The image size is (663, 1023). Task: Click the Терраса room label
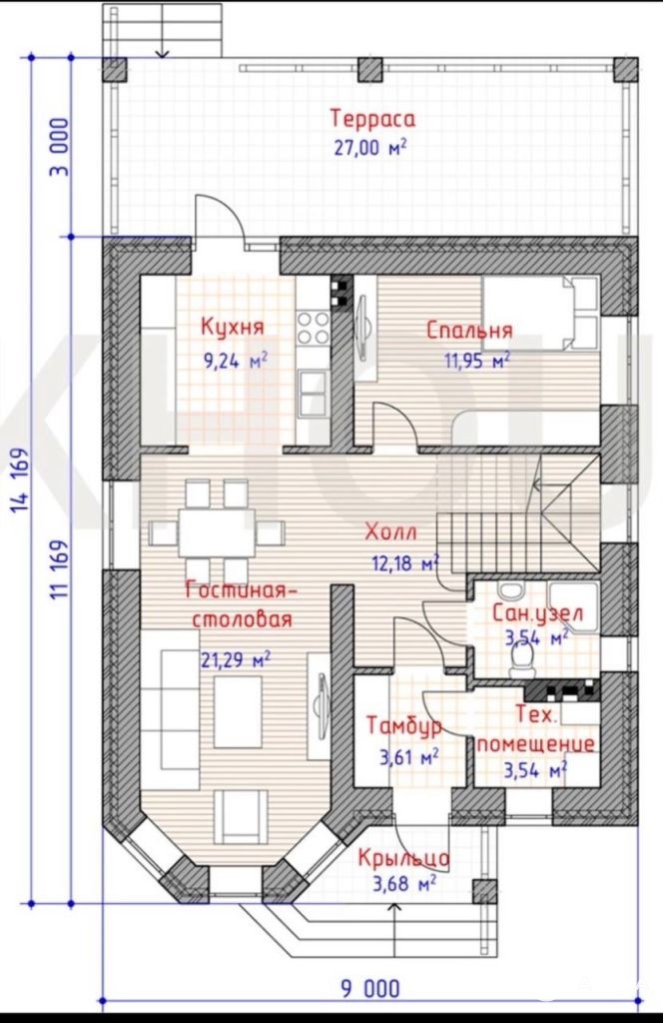[372, 120]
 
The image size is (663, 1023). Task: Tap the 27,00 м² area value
[370, 148]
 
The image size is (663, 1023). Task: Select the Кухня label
[233, 326]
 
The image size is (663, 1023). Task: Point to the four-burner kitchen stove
[313, 327]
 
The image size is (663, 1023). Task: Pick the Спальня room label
[469, 330]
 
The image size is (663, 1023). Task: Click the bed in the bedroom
[540, 313]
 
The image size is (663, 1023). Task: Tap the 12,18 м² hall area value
[404, 562]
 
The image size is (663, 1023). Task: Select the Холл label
[390, 531]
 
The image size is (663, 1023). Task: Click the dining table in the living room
[217, 533]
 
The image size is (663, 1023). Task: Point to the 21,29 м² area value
[236, 659]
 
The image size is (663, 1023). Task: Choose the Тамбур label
[404, 725]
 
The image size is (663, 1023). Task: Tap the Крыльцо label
[404, 857]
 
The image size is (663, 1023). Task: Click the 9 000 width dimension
[370, 989]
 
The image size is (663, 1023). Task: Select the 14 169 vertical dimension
[21, 481]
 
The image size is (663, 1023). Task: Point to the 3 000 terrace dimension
[59, 147]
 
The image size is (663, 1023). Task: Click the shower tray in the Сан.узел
[573, 608]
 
